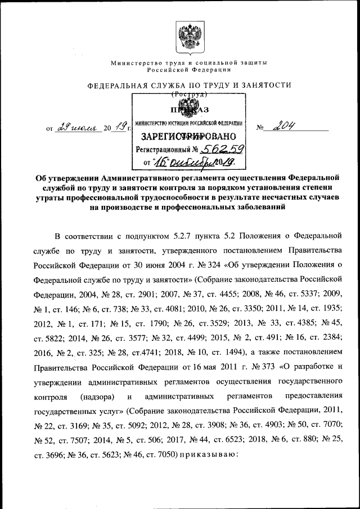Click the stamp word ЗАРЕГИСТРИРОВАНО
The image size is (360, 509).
(184, 136)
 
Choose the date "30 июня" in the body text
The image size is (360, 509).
(148, 264)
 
